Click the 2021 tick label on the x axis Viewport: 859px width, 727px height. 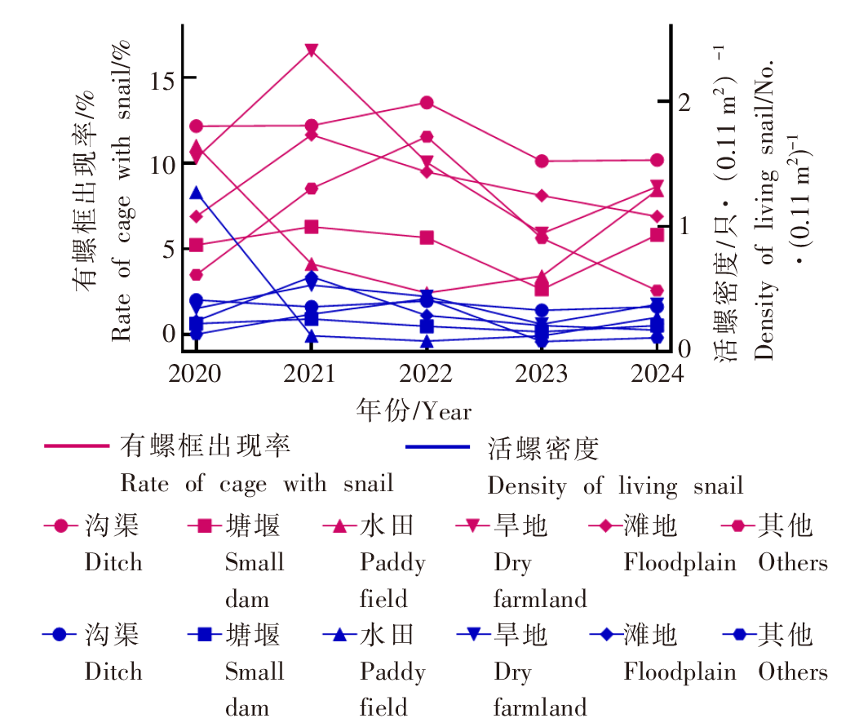click(311, 374)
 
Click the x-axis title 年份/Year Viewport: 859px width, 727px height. click(414, 410)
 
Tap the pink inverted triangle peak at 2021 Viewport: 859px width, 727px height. click(311, 51)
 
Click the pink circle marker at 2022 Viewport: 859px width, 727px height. click(427, 103)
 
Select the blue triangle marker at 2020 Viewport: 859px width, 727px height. click(196, 193)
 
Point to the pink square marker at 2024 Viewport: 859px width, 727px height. click(658, 235)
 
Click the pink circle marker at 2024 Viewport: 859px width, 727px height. click(658, 160)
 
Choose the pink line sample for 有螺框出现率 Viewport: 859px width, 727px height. click(77, 446)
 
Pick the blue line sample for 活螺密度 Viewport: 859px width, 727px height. click(438, 447)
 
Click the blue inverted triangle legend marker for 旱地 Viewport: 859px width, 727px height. click(471, 634)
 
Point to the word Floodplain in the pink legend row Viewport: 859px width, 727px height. click(680, 563)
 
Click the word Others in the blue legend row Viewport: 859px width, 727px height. click(792, 672)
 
